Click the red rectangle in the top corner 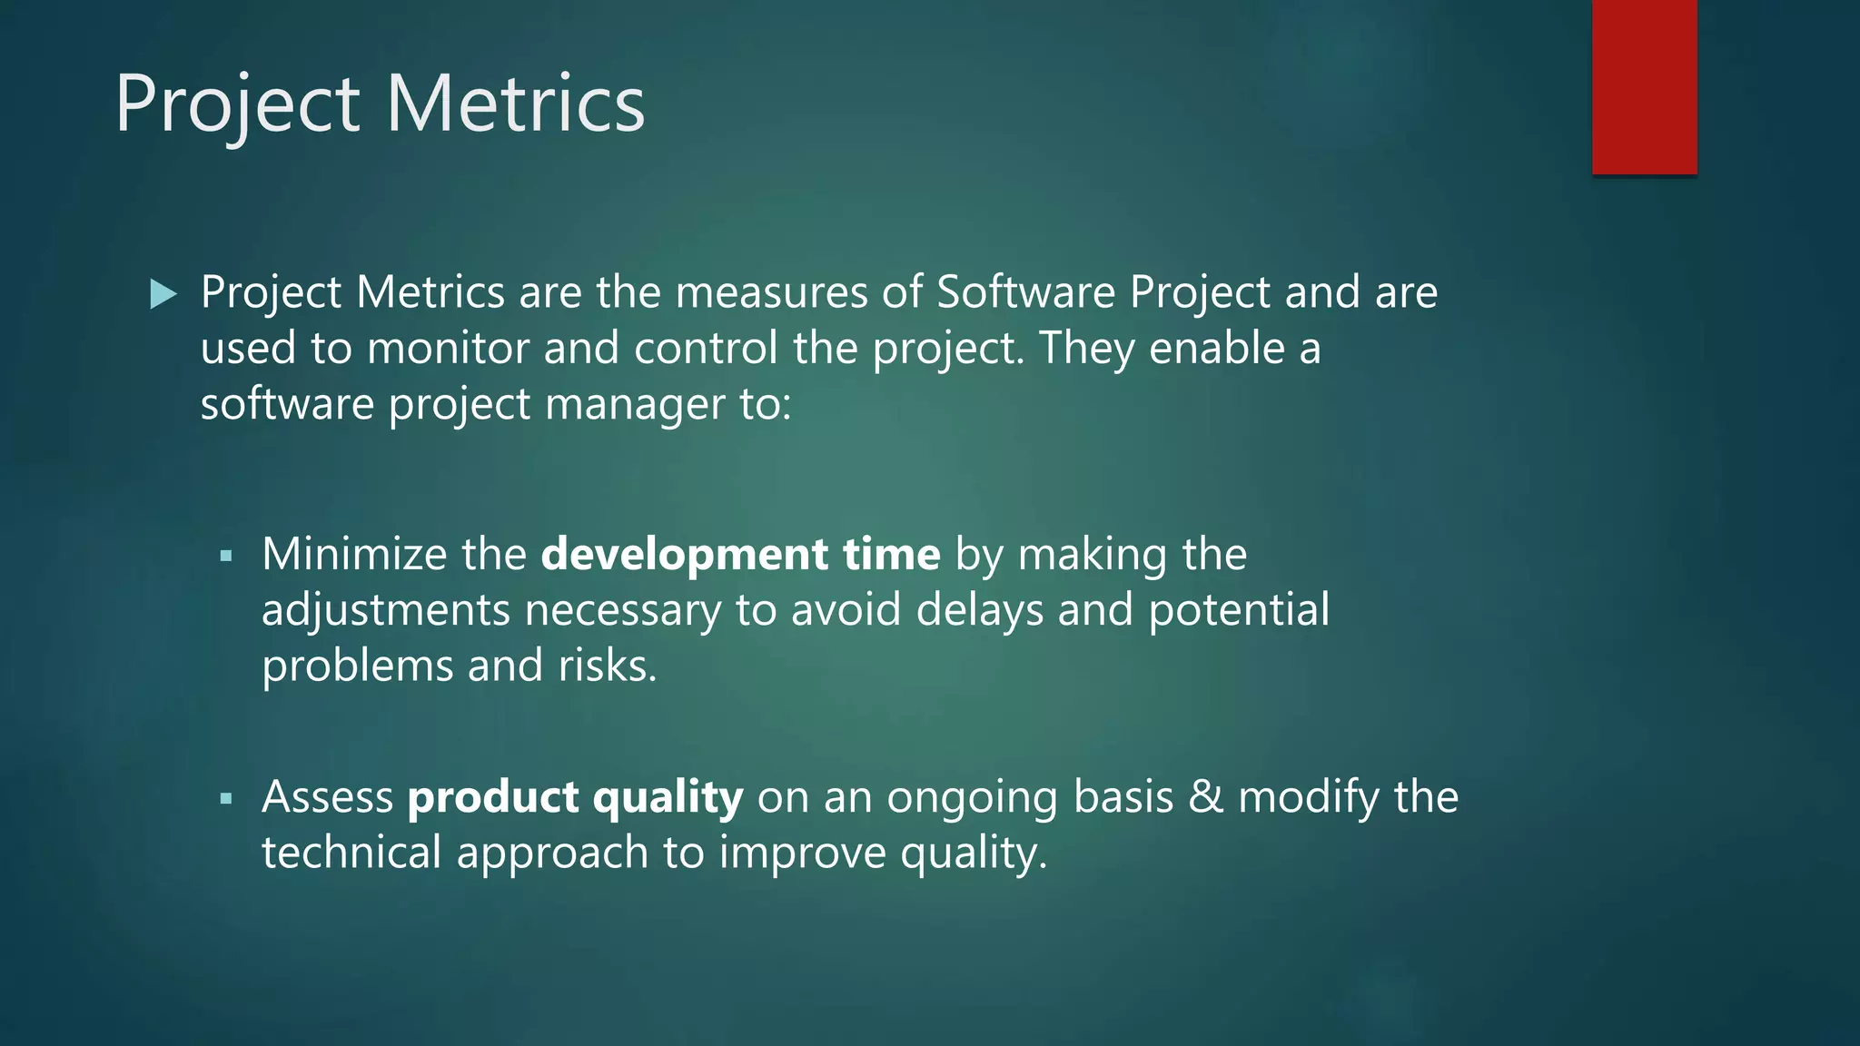(x=1644, y=87)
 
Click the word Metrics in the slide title (x=515, y=104)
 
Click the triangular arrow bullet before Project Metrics (x=163, y=293)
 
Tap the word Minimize (x=354, y=554)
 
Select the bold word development (x=684, y=556)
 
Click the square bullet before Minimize (x=226, y=556)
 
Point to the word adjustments (x=385, y=611)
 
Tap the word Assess (x=328, y=797)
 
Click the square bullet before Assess (x=226, y=799)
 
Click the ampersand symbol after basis (x=1206, y=797)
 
